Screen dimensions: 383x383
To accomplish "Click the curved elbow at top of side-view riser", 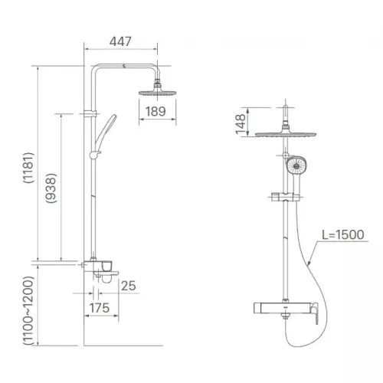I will coord(98,69).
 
